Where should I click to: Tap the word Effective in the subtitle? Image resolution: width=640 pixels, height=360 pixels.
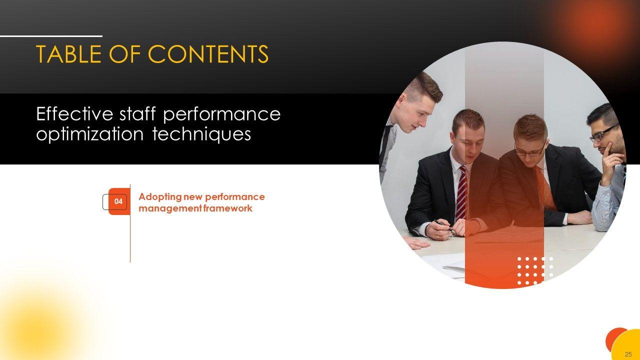coord(75,113)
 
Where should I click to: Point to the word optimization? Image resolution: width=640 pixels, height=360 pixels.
coord(89,133)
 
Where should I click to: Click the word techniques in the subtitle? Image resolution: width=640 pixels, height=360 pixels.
coord(201,133)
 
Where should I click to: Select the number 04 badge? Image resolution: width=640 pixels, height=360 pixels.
coord(118,201)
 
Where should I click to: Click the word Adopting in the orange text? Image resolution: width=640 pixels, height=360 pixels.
coord(160,197)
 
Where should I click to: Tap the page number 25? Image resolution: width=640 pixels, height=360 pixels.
coord(628,354)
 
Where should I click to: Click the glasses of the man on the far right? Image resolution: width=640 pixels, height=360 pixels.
coord(602,133)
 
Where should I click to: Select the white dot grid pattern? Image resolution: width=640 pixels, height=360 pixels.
coord(535,271)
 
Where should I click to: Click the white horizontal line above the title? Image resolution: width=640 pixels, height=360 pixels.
coord(51,36)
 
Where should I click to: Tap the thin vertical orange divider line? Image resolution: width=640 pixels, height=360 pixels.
coord(130,223)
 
